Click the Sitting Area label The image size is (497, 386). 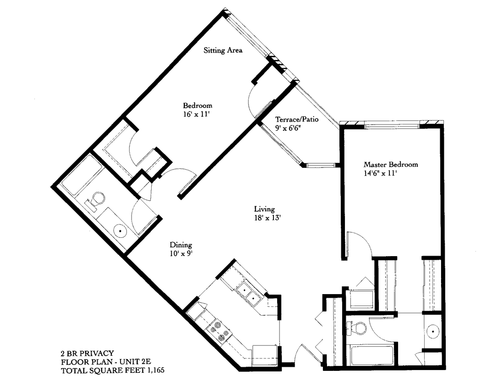coord(223,50)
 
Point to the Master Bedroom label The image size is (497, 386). coord(391,165)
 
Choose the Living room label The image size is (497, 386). coord(264,209)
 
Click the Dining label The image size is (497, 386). coord(180,245)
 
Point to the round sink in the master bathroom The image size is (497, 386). coord(432,330)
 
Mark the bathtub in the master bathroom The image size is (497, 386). coord(370,355)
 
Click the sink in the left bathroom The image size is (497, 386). coord(120,231)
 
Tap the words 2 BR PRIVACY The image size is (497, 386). coord(87,353)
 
